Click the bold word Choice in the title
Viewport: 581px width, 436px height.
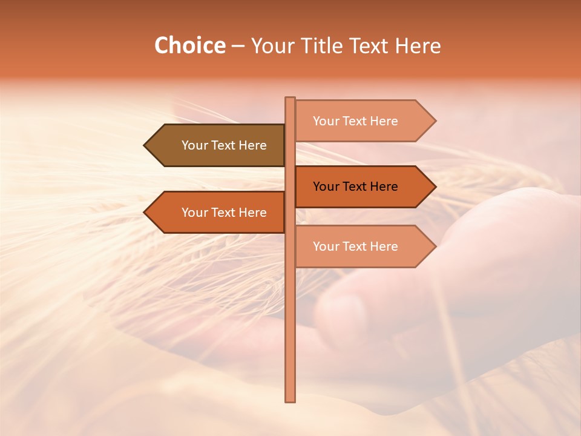click(x=189, y=45)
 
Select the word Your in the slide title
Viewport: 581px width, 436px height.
click(x=274, y=45)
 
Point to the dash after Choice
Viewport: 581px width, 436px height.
click(x=238, y=46)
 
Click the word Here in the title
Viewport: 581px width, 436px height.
click(x=418, y=45)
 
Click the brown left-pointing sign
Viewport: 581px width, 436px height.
click(x=218, y=145)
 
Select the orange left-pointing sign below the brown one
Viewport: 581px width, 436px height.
click(x=218, y=212)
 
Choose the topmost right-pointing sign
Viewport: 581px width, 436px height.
click(x=360, y=121)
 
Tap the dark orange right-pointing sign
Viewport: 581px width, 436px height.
click(x=360, y=187)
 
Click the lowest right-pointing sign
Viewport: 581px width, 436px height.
click(x=360, y=246)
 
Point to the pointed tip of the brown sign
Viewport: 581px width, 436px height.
click(x=145, y=145)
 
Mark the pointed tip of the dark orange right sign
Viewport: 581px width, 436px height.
click(x=435, y=187)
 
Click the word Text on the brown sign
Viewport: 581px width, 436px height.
click(x=225, y=145)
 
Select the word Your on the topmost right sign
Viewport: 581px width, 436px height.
click(x=326, y=121)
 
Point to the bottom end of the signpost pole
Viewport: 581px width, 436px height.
click(x=290, y=400)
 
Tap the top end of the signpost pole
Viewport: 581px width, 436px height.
click(x=290, y=99)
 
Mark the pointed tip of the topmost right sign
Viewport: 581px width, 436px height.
click(x=435, y=121)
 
